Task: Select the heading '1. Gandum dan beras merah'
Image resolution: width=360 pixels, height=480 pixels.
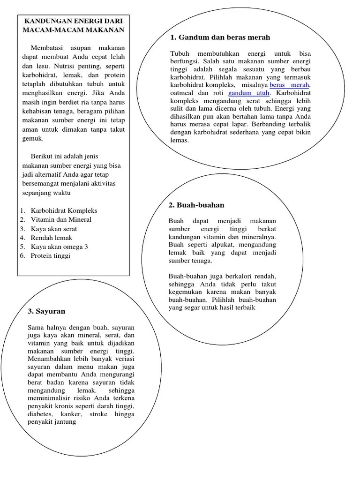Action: (220, 37)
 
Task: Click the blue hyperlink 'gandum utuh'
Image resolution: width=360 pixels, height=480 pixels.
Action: (248, 93)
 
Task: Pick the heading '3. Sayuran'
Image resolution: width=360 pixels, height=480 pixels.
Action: (46, 311)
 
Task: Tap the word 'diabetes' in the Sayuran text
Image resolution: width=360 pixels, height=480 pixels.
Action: (41, 414)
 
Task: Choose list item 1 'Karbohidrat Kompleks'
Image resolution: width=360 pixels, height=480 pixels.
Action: (64, 210)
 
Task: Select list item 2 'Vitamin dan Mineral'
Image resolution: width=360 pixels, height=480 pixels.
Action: (61, 219)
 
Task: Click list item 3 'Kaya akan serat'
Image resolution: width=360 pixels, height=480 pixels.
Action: (54, 229)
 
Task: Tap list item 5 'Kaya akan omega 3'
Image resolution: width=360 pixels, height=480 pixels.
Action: (59, 247)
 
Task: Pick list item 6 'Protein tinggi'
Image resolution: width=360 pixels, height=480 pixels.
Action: (51, 255)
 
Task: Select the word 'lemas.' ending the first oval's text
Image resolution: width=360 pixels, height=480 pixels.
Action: (179, 140)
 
